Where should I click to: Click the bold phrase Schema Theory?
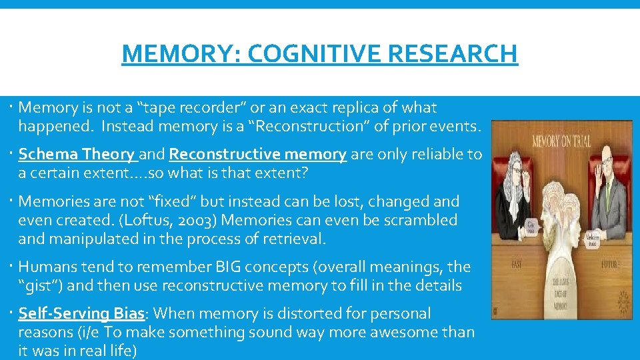pyautogui.click(x=76, y=155)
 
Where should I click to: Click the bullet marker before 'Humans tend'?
pyautogui.click(x=13, y=267)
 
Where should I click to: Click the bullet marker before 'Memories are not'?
pyautogui.click(x=13, y=201)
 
